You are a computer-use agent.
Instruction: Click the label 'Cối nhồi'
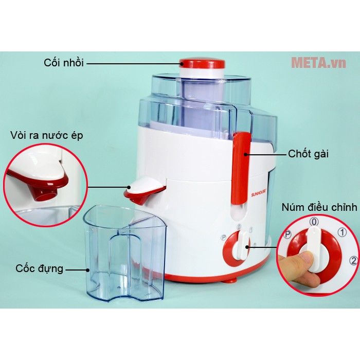pos(64,62)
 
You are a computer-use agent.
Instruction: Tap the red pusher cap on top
pos(202,63)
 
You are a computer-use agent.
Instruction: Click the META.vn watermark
pos(318,62)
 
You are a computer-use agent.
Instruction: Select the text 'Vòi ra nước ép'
pos(47,135)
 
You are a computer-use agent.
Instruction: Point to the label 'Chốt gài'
pos(309,154)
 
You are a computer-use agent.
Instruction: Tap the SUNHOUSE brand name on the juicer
pos(260,194)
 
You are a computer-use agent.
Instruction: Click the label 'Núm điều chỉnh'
pos(319,207)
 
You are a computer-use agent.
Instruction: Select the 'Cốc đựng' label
pos(39,268)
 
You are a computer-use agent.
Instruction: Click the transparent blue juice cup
pos(124,253)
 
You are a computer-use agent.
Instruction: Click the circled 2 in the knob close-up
pos(354,260)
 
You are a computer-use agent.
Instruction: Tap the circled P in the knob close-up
pos(288,235)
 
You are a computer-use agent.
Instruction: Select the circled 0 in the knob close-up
pos(314,222)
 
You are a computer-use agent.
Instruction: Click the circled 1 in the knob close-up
pos(342,232)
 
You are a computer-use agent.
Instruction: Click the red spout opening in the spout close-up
pos(46,193)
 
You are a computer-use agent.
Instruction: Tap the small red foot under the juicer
pos(229,280)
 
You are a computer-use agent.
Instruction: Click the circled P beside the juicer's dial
pos(223,238)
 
